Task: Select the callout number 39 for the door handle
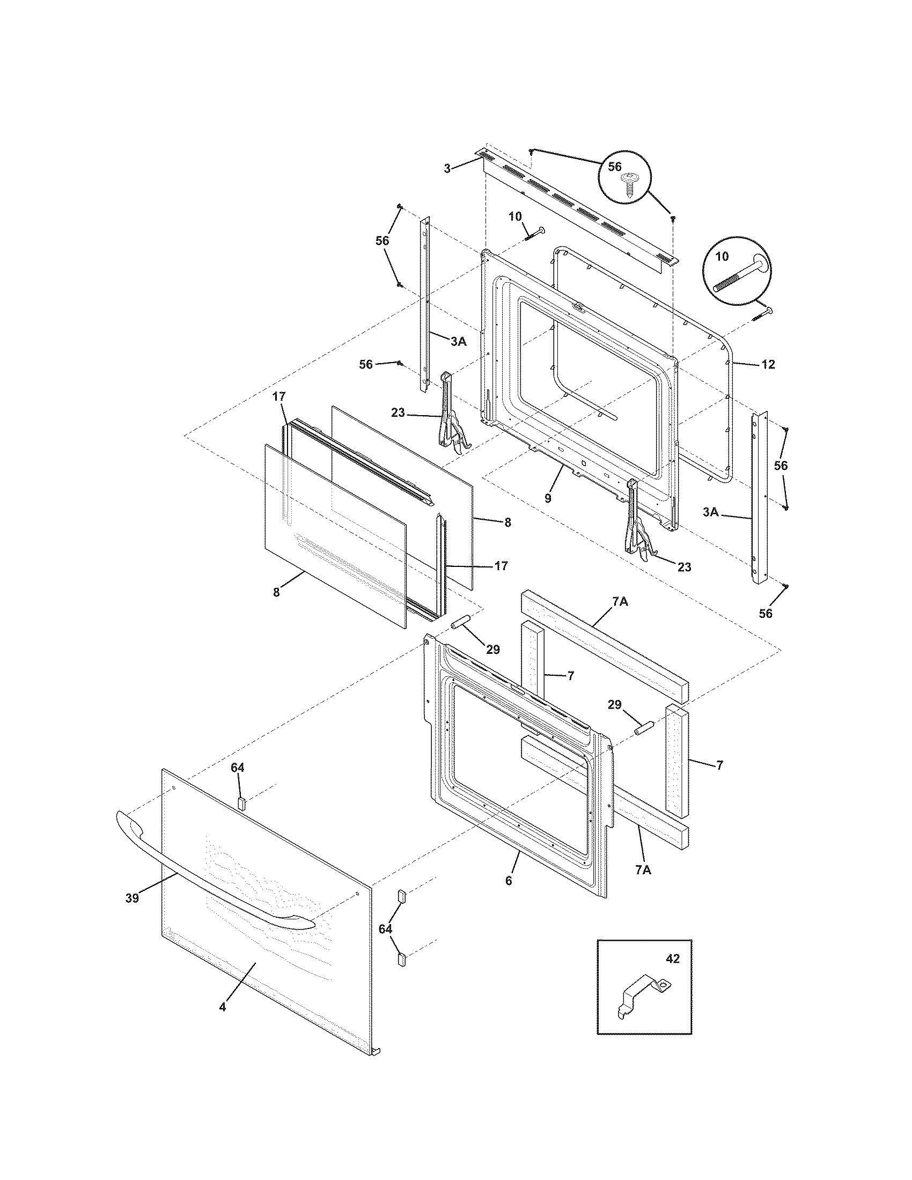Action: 132,898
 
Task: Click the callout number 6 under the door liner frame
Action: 508,880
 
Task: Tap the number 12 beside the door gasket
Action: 768,365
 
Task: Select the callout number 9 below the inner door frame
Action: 548,498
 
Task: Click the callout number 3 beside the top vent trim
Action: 447,169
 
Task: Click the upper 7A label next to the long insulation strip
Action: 620,601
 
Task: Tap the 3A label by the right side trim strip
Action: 710,512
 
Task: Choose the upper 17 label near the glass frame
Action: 278,396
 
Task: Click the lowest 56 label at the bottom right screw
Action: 766,613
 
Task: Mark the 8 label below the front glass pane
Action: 276,592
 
